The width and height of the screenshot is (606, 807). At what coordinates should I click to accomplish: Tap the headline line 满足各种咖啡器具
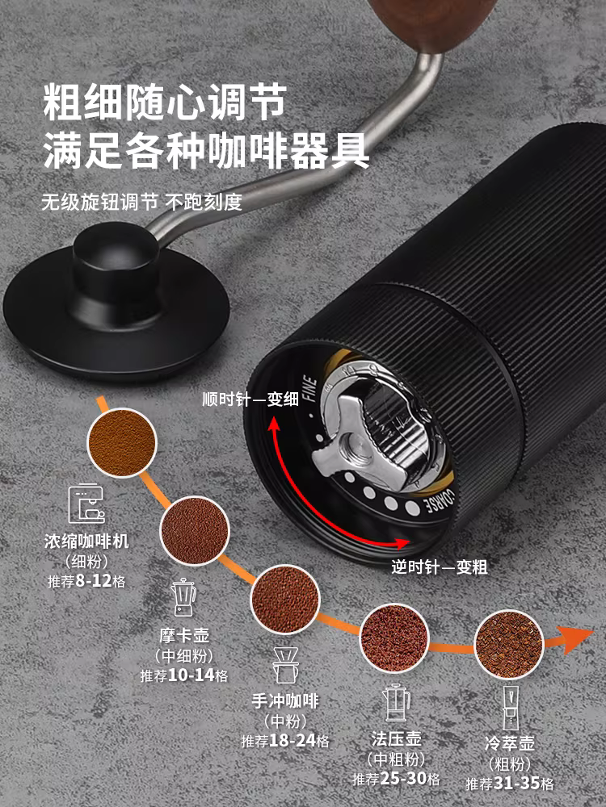(206, 150)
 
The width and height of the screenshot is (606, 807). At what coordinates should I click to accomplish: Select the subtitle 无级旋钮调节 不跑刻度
(141, 202)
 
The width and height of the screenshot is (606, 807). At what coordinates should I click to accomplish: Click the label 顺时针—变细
(238, 399)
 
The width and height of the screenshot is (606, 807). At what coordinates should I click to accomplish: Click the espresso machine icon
(86, 505)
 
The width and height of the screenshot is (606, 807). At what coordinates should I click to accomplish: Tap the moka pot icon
(184, 596)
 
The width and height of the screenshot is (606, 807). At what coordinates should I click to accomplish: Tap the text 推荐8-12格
(86, 580)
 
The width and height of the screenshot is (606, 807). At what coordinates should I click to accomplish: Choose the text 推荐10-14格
(183, 675)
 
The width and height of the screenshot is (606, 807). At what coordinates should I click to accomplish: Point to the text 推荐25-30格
(396, 780)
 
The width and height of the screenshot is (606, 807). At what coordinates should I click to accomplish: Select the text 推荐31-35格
(510, 783)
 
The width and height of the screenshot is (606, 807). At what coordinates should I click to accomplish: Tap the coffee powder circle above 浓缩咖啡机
(120, 441)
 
